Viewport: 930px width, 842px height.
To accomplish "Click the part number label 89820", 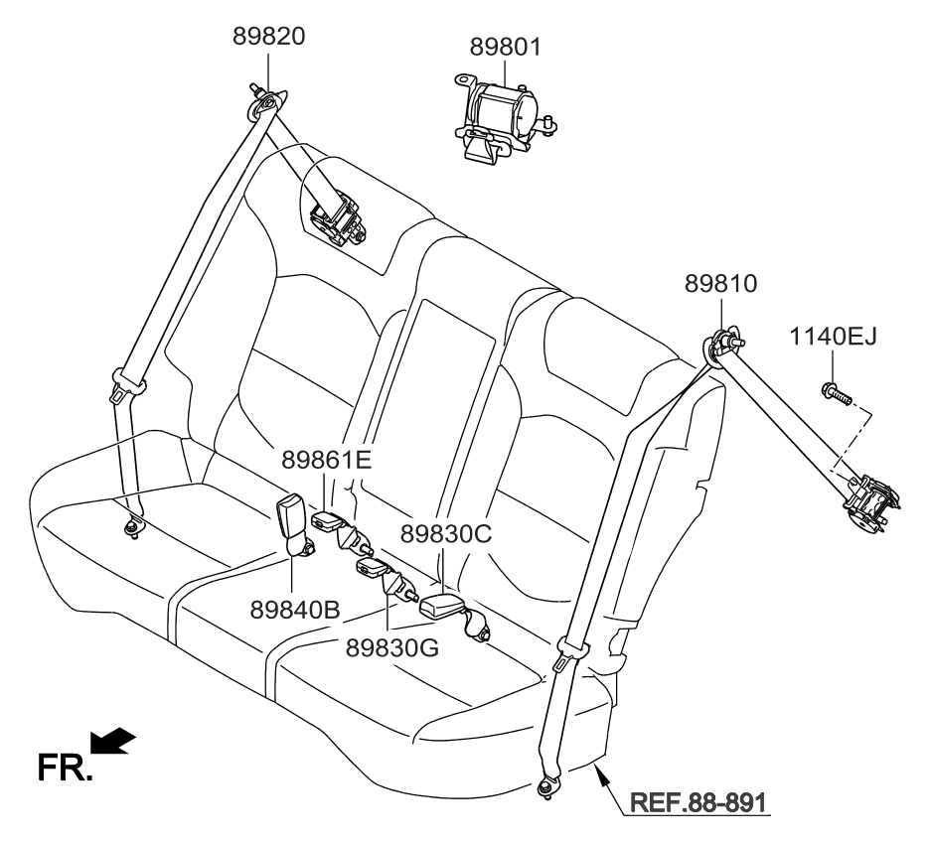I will coord(268,37).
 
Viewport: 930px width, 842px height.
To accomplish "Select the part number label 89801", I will coord(506,47).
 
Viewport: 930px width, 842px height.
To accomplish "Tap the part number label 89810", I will coord(720,284).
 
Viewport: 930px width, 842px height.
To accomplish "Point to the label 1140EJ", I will coord(833,338).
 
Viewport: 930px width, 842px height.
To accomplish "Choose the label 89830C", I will coord(446,533).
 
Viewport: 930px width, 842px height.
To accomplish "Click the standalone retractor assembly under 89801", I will coord(501,114).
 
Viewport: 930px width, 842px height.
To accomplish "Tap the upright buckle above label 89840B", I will coord(296,520).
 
